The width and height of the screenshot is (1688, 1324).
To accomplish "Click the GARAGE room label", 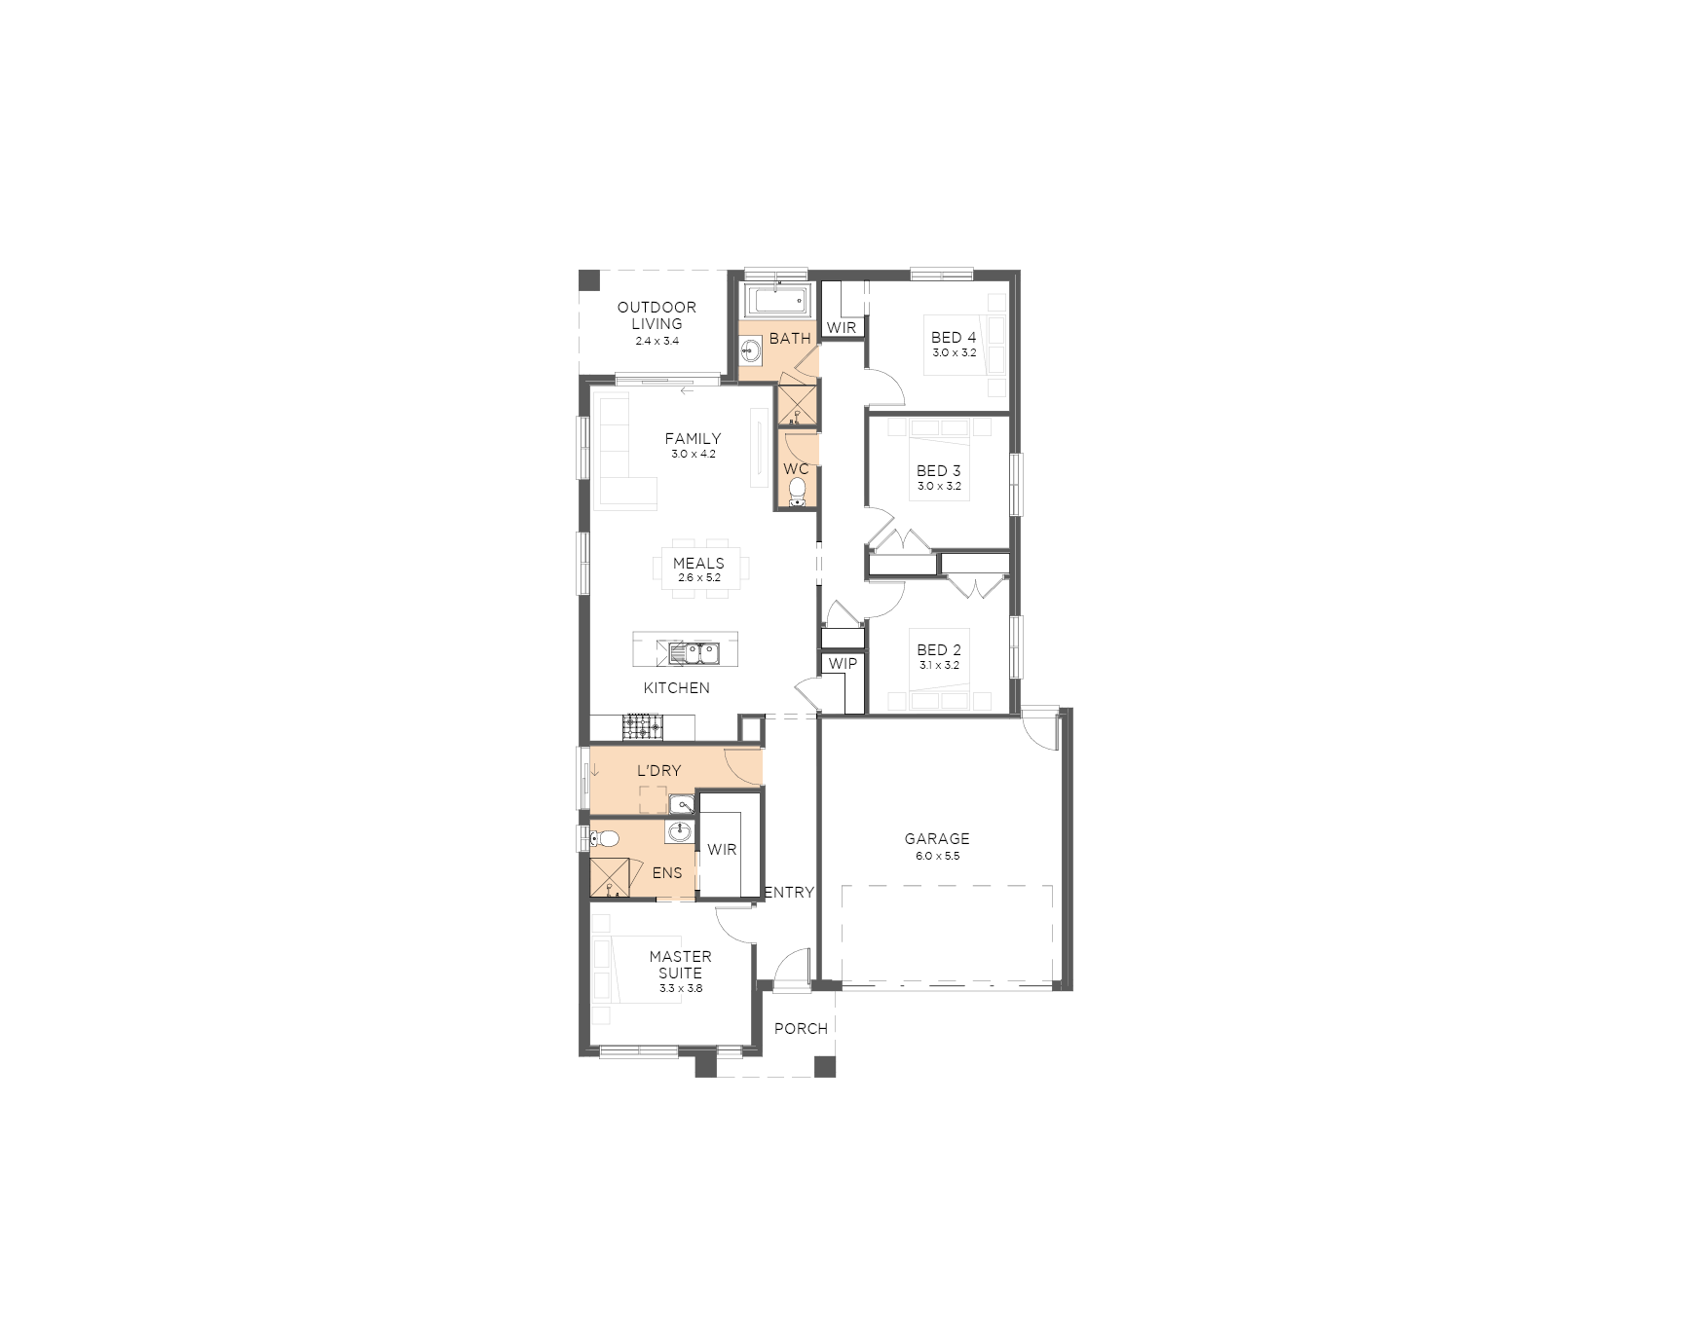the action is click(x=937, y=838).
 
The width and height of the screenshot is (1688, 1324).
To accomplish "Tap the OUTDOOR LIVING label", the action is click(x=656, y=315).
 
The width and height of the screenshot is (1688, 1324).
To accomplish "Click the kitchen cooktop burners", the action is click(x=642, y=726).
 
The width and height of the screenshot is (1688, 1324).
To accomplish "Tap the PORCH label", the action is click(x=801, y=1028).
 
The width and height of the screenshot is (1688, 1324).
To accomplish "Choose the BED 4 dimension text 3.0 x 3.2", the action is click(x=955, y=353).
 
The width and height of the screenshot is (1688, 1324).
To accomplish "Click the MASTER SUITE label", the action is click(x=680, y=965).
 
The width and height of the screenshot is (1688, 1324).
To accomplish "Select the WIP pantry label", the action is click(x=844, y=664).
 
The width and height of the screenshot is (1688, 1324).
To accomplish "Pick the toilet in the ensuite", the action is click(x=605, y=838).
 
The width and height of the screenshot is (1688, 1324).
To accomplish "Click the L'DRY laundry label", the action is click(x=659, y=770).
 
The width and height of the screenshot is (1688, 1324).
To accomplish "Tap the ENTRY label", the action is click(x=790, y=892).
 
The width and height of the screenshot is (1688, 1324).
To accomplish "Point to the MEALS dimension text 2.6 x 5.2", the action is click(x=699, y=577).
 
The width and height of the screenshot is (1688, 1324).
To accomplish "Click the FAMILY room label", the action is click(x=693, y=439).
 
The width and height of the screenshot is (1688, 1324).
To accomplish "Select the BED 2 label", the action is click(x=939, y=649).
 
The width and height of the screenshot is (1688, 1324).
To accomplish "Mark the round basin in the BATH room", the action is click(x=751, y=350).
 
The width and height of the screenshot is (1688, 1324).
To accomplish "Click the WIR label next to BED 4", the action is click(x=842, y=328).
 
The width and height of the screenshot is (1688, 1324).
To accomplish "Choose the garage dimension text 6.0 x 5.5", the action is click(x=937, y=857).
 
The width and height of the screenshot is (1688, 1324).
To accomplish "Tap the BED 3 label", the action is click(x=939, y=470).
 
